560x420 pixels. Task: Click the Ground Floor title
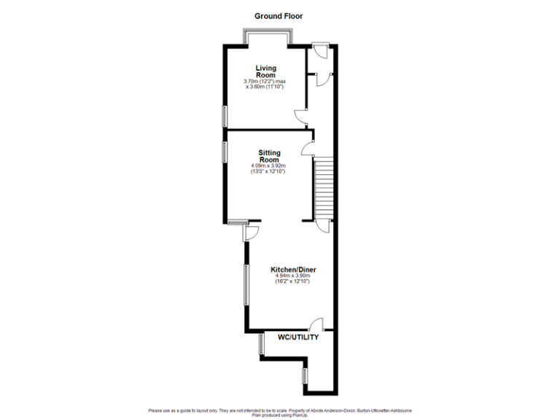279,15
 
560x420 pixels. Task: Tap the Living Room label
261,71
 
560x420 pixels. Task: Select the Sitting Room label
269,156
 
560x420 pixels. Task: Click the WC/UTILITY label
300,338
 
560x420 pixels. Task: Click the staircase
322,187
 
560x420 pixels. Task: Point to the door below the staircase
323,225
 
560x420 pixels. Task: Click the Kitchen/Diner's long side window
246,284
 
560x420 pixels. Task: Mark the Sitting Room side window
224,151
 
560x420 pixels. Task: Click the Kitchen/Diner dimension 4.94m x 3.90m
293,278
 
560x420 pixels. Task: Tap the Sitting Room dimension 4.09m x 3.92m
269,168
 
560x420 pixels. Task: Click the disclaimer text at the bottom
280,411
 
